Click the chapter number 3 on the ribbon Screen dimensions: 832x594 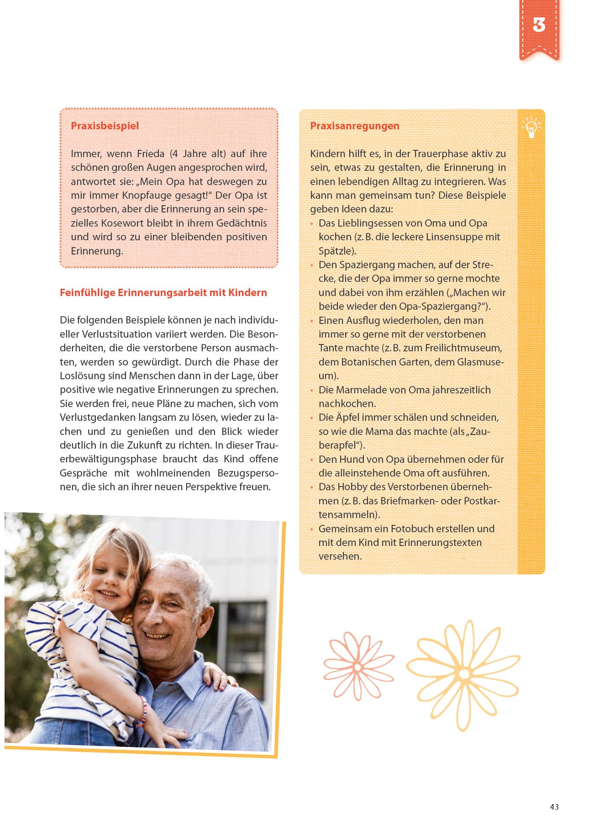point(539,25)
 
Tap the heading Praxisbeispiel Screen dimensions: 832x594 point(105,126)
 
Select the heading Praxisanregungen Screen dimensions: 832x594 point(354,126)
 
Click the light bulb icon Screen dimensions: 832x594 point(531,127)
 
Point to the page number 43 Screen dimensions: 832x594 point(554,807)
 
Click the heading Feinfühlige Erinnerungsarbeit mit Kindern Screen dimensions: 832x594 point(163,293)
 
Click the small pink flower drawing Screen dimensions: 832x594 point(358,667)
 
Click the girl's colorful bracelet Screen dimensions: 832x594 point(142,712)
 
